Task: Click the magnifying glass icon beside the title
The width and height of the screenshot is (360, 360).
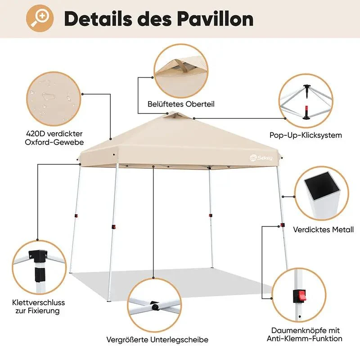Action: click(x=40, y=18)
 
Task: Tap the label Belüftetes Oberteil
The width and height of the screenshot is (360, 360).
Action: click(x=181, y=104)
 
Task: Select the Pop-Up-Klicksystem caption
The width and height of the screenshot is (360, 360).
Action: click(x=306, y=135)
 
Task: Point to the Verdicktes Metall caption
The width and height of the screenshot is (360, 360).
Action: click(x=323, y=229)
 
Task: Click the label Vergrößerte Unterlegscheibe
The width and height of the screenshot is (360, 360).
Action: click(x=157, y=340)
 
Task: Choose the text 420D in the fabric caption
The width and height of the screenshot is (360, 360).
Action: click(x=35, y=134)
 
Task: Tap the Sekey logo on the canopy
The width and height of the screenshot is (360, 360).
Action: click(x=261, y=157)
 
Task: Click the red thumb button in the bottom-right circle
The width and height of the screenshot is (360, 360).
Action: click(x=300, y=296)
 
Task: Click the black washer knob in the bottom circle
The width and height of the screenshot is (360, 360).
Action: click(x=155, y=306)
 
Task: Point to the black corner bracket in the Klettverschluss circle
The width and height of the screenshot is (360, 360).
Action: click(x=38, y=255)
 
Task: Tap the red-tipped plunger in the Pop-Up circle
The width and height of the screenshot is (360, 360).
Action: click(x=306, y=112)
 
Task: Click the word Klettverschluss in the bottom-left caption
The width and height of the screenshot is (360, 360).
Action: click(x=39, y=302)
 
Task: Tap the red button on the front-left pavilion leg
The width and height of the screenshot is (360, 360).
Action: click(x=113, y=227)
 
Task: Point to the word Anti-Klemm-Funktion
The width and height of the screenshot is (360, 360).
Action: click(x=305, y=339)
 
